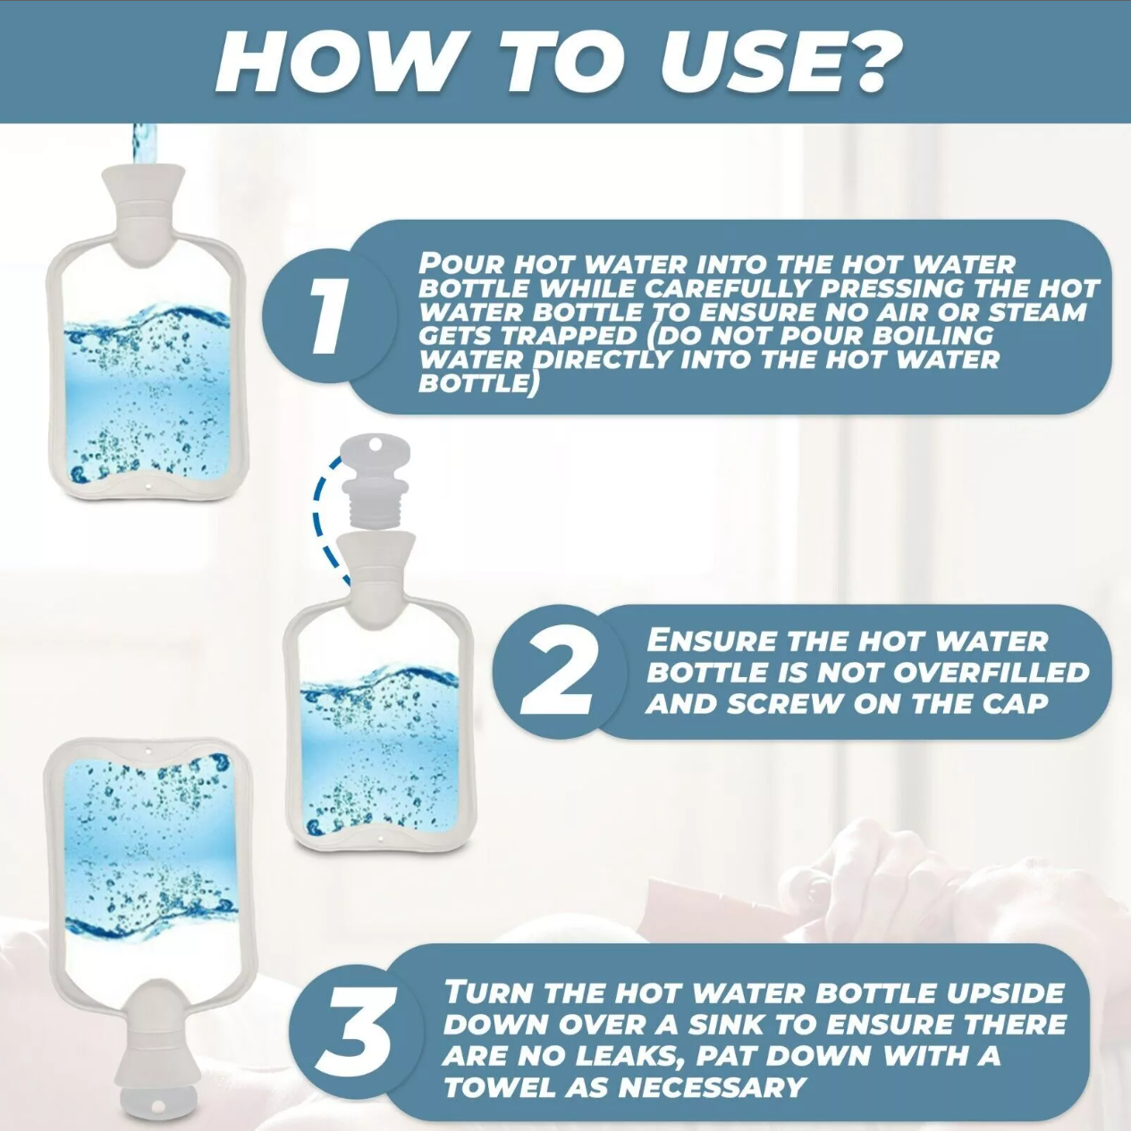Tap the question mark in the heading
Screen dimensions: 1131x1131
point(872,63)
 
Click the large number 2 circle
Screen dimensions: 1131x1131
point(558,671)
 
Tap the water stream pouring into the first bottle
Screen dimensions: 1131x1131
point(143,145)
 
